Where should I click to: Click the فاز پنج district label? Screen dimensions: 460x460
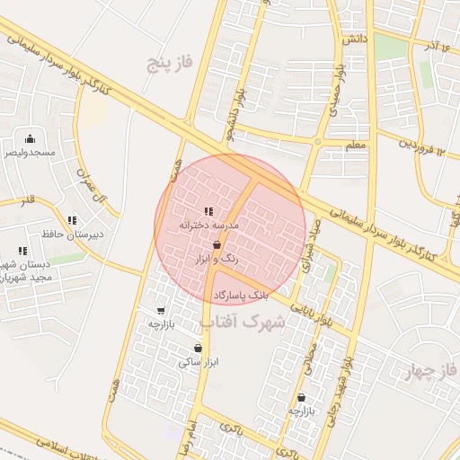pos(172,62)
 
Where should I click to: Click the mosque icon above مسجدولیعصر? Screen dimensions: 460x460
pos(30,138)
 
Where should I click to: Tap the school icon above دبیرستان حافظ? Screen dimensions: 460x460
pos(72,220)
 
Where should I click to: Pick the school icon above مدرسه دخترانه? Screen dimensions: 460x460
pos(208,211)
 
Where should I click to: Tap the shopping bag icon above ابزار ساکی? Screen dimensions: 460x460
pos(198,349)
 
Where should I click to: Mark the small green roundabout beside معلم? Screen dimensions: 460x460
pos(317,142)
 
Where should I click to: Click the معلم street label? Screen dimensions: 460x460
pos(355,144)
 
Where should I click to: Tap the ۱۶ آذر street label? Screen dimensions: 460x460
pos(440,46)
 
